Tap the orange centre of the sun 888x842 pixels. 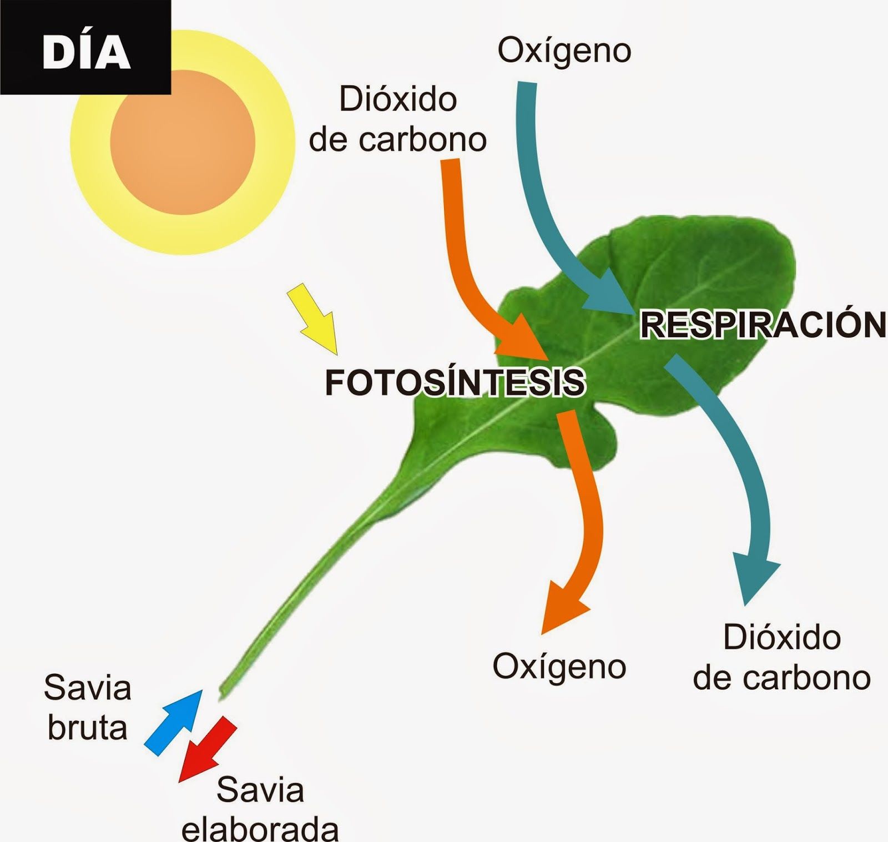pyautogui.click(x=183, y=142)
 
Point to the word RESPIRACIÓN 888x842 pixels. pyautogui.click(x=763, y=324)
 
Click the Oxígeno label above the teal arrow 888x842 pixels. pyautogui.click(x=564, y=51)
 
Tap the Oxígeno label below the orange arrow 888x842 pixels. pyautogui.click(x=559, y=667)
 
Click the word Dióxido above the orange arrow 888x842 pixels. pyautogui.click(x=398, y=99)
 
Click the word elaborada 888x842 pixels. pyautogui.click(x=260, y=828)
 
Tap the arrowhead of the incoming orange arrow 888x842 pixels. pyautogui.click(x=524, y=339)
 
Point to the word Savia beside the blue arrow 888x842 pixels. pyautogui.click(x=88, y=687)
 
